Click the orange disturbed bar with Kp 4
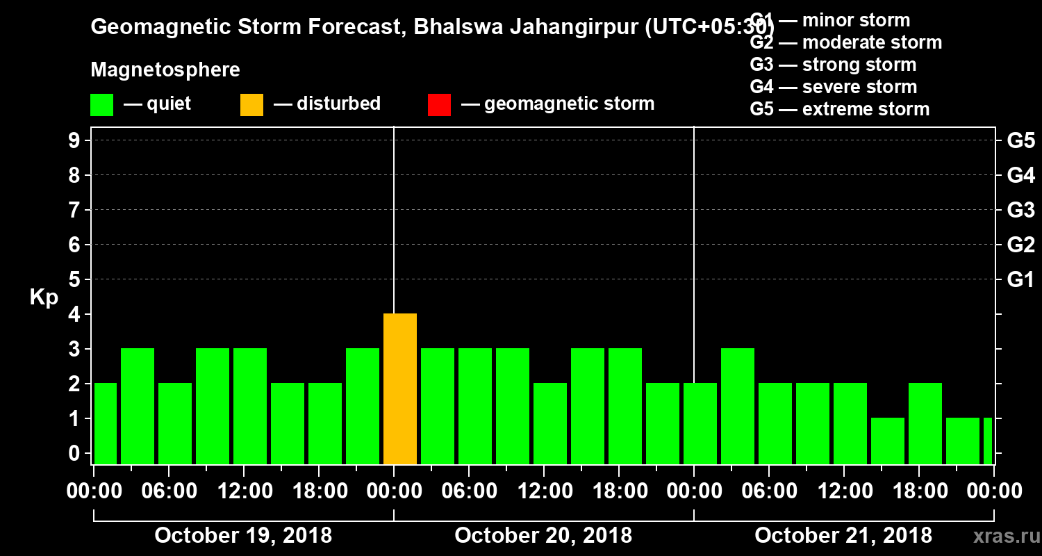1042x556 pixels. (x=400, y=389)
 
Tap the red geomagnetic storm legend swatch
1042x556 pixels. (x=439, y=105)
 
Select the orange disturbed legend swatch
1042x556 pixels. (x=251, y=105)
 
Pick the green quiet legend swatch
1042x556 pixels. (x=101, y=105)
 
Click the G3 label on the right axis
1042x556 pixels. (x=1020, y=210)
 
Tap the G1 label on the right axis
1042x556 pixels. (x=1020, y=280)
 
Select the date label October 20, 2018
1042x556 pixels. (x=543, y=536)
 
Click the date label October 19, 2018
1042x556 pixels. (x=243, y=536)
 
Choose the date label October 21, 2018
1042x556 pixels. (x=843, y=536)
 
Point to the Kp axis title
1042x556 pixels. (x=44, y=297)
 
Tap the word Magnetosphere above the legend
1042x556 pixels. (x=165, y=70)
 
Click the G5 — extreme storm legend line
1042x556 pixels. (x=839, y=109)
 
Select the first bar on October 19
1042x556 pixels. (x=105, y=423)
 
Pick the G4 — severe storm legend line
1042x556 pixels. (x=833, y=87)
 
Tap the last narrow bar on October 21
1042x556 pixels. (x=987, y=441)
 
